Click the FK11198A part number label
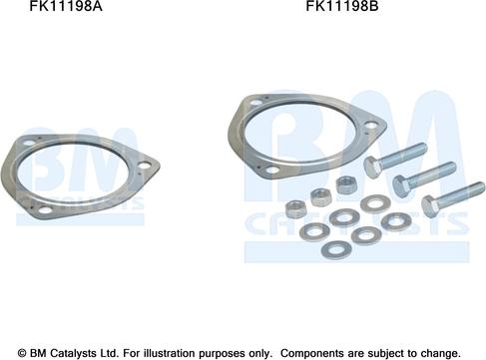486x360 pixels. point(66,6)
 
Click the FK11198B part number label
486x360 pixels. point(342,6)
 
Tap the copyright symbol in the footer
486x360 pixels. point(22,353)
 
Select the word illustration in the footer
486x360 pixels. point(174,353)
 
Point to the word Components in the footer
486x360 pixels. point(311,353)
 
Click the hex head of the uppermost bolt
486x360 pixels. point(373,167)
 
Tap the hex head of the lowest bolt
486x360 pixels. point(431,205)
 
